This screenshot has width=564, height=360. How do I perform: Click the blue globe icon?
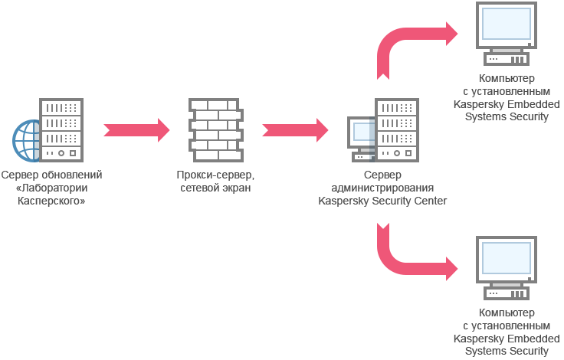click(x=26, y=141)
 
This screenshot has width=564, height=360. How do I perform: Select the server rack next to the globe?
click(x=61, y=129)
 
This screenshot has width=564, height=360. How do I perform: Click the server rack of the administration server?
click(x=397, y=129)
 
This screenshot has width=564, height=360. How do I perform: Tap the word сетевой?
click(x=198, y=188)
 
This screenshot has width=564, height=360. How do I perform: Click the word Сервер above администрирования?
click(x=382, y=175)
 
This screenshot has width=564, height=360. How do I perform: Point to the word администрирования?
click(x=382, y=188)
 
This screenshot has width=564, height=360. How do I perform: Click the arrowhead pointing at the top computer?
click(x=454, y=33)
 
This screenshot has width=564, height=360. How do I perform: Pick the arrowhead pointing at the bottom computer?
click(x=454, y=269)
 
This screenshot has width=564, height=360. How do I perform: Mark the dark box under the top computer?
click(x=506, y=98)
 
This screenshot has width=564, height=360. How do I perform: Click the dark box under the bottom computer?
click(x=506, y=332)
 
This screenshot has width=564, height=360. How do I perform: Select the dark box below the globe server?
click(x=52, y=188)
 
